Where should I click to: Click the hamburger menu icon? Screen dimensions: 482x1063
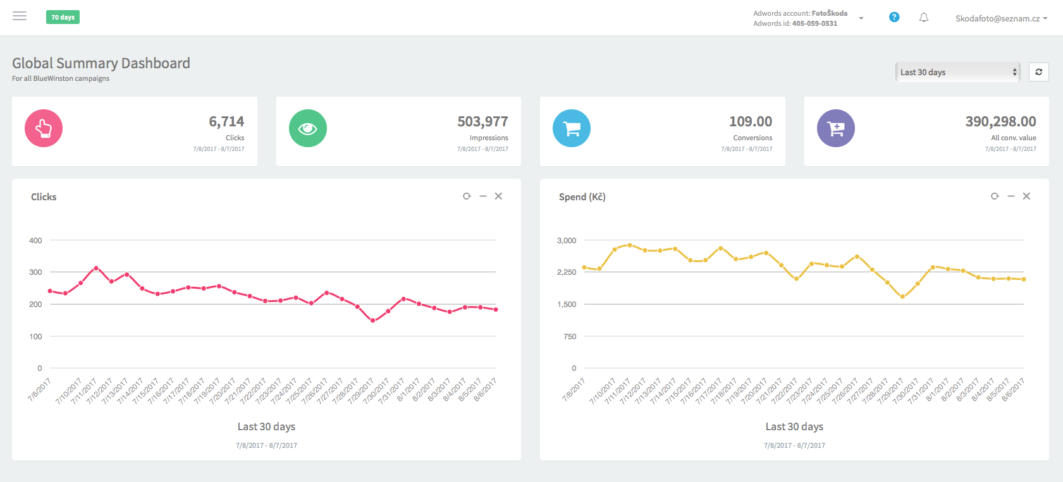tap(20, 16)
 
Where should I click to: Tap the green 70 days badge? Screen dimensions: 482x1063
tap(63, 17)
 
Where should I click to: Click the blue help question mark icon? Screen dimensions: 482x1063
tap(894, 17)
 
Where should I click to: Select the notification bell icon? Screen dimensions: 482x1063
tap(924, 18)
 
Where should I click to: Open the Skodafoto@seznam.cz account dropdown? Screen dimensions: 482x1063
tap(1001, 18)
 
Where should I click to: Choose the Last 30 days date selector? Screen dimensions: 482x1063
tap(958, 72)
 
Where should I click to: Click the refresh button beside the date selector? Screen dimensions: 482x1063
tap(1038, 72)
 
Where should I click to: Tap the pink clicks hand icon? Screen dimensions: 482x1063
tap(44, 128)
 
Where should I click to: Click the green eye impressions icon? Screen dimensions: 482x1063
tap(308, 128)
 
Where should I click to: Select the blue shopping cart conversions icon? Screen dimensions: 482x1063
tap(572, 128)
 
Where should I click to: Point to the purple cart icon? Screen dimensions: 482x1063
tap(836, 128)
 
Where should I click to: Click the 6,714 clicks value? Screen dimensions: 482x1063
tap(226, 121)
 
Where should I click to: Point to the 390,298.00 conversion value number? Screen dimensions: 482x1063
tap(1000, 121)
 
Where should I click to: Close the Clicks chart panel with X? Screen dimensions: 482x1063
tap(498, 196)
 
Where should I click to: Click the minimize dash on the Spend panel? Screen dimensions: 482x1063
tap(1011, 196)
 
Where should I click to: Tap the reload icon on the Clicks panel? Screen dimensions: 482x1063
tap(467, 196)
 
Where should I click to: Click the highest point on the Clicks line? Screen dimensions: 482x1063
tap(96, 268)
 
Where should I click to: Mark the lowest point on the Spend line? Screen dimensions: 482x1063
tap(902, 296)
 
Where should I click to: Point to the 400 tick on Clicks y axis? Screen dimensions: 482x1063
tap(35, 241)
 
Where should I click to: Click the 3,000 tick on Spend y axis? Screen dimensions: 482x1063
tap(567, 241)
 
